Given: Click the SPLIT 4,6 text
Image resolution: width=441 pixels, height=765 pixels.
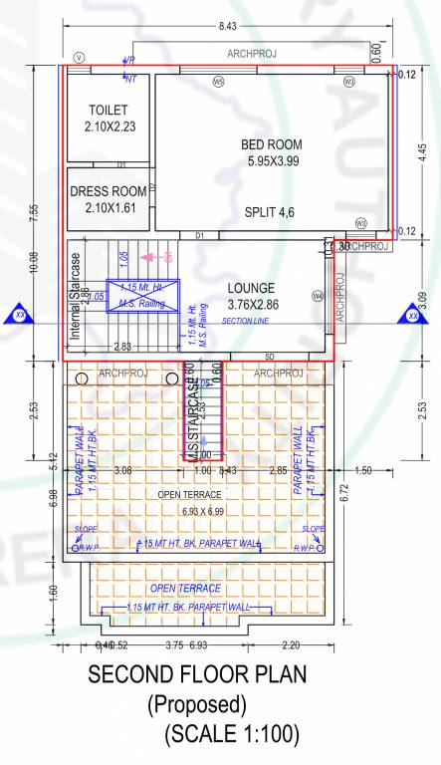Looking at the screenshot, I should coord(271,212).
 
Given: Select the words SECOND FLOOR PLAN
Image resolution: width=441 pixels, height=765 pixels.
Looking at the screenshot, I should coord(197,674).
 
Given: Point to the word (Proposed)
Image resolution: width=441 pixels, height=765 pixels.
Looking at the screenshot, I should coord(196,705).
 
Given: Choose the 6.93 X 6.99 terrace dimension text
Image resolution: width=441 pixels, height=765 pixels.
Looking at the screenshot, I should coord(204,511).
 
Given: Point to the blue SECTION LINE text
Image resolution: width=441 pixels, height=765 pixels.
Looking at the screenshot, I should coord(246,321).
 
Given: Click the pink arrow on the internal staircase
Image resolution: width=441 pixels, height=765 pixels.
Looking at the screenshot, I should coord(151,256).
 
